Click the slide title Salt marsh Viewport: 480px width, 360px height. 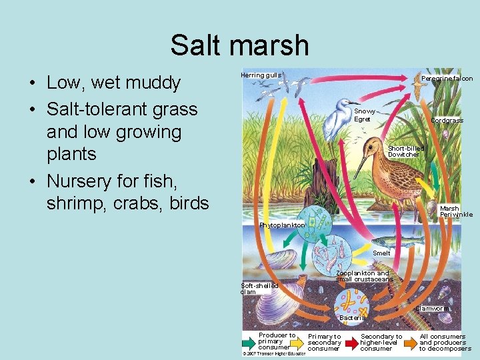[x=239, y=45]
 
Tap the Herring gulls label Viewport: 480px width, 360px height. [x=261, y=75]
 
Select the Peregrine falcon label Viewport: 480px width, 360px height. [x=447, y=79]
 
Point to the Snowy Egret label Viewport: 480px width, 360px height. [x=365, y=115]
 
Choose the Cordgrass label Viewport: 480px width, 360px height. [x=447, y=121]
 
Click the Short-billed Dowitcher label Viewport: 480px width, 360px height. [x=405, y=151]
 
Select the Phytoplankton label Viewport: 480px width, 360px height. [x=282, y=225]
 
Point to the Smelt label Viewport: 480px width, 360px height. [x=381, y=253]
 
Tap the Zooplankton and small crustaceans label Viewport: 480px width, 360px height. [x=363, y=276]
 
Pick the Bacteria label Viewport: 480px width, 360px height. [x=352, y=318]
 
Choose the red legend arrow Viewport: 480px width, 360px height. [x=351, y=342]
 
